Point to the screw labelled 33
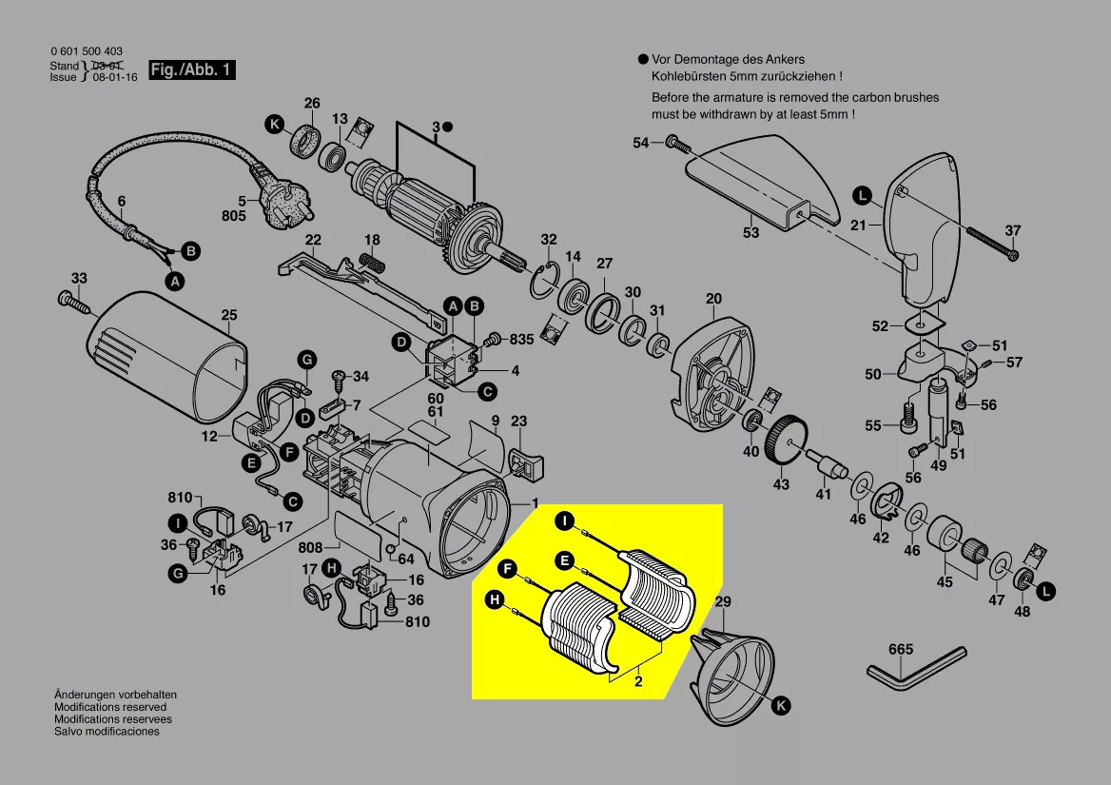point(75,301)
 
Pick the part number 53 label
point(751,232)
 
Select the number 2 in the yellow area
point(638,681)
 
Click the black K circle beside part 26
point(275,125)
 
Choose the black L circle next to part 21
point(861,197)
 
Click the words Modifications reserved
point(110,707)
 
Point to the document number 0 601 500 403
point(86,51)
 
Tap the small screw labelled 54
point(675,144)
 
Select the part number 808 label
point(310,547)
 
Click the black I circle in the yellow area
point(564,520)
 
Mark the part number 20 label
point(714,299)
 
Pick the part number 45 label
point(944,582)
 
